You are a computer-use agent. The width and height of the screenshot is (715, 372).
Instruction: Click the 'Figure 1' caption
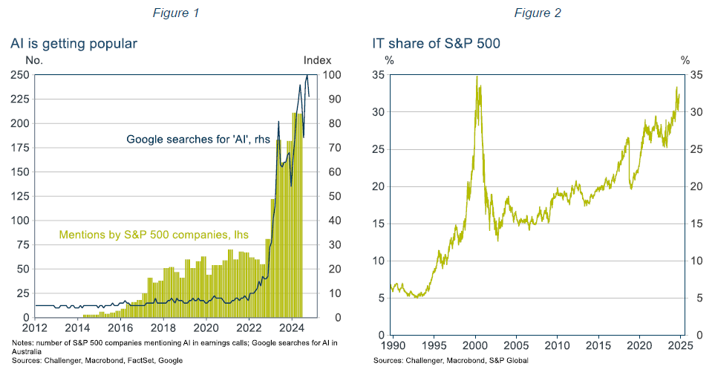(175, 13)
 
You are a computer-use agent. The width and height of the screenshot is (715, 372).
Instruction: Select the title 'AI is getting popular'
(74, 44)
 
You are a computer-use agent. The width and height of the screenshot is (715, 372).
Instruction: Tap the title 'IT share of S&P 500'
(437, 44)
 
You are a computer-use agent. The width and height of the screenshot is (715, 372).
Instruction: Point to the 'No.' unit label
(34, 60)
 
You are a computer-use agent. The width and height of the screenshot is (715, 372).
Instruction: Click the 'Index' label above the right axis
(317, 60)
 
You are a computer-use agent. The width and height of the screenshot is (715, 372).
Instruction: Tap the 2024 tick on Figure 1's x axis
(292, 328)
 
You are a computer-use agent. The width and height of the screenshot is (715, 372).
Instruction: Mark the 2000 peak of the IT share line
(477, 77)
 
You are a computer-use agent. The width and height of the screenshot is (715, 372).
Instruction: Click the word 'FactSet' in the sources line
(143, 360)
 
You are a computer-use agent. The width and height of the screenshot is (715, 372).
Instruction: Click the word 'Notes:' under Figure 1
(23, 342)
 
